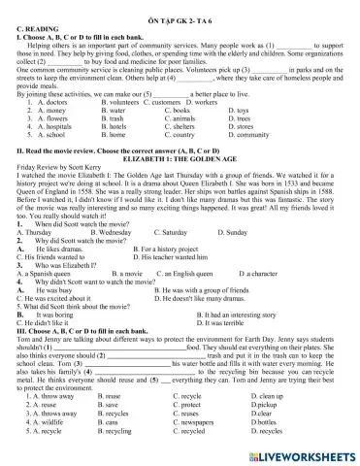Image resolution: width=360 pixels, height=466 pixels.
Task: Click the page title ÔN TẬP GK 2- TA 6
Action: click(180, 8)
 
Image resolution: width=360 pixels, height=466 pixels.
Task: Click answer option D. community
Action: click(250, 135)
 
